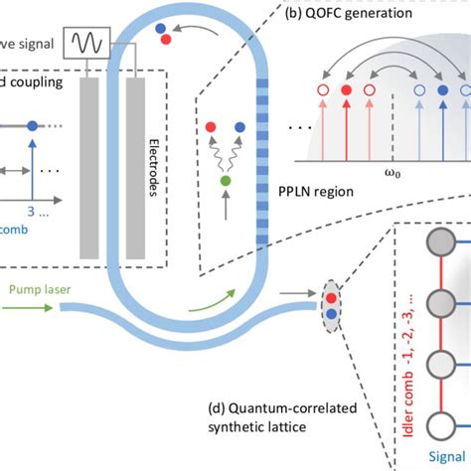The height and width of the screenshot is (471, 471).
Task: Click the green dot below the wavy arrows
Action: [226, 180]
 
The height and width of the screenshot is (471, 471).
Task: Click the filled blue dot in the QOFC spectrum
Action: [442, 89]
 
